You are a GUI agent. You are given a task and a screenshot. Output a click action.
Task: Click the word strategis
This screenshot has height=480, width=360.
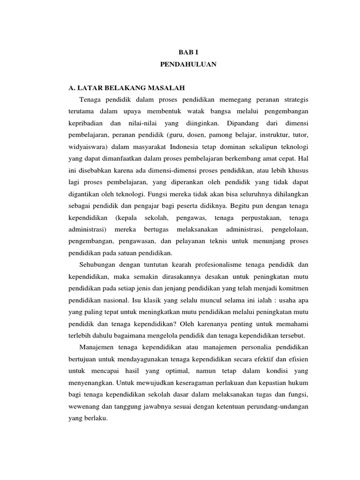click(x=295, y=100)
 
